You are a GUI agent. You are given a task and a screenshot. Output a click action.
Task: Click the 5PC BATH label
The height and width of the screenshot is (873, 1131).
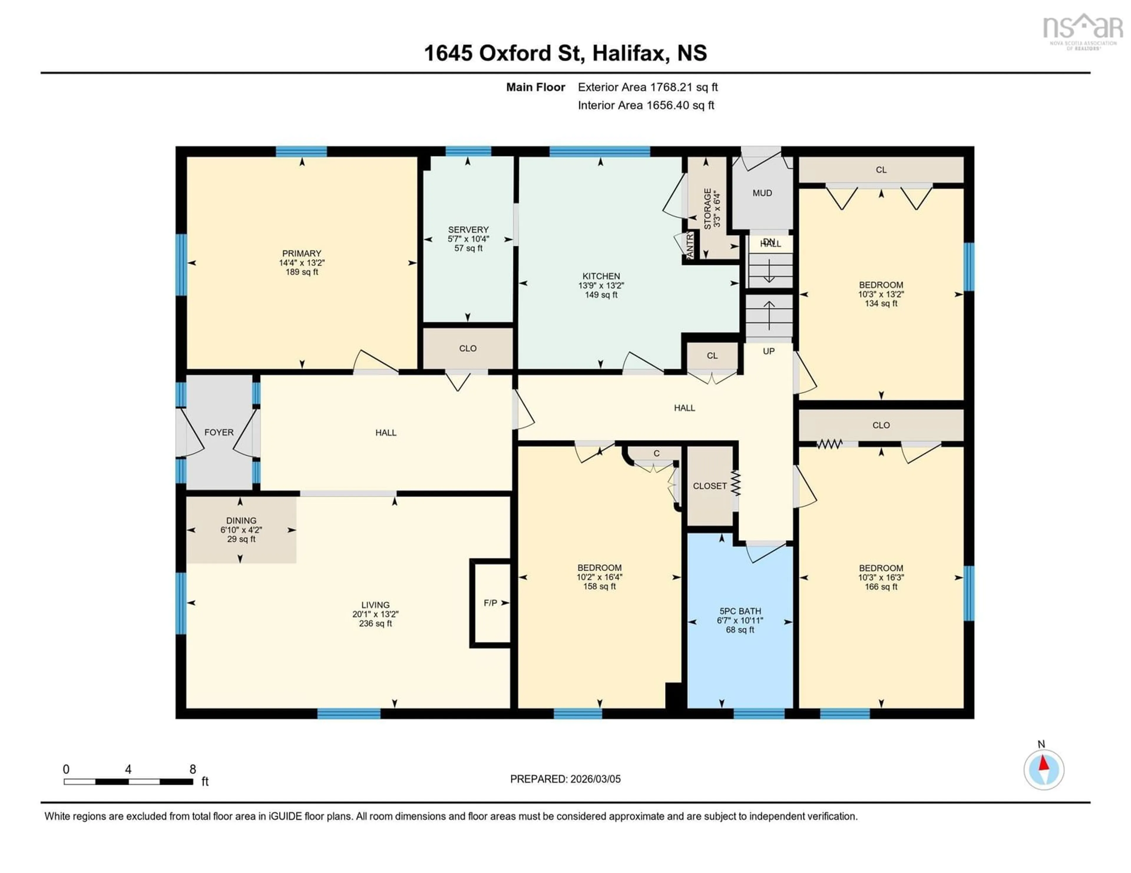pos(740,611)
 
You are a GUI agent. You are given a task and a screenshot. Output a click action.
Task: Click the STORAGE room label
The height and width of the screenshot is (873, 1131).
pos(707,209)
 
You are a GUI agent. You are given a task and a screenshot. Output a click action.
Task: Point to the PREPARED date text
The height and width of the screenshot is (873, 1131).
pos(565,779)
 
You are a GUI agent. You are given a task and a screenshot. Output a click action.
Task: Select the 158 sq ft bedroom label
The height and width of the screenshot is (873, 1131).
pos(599,586)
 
